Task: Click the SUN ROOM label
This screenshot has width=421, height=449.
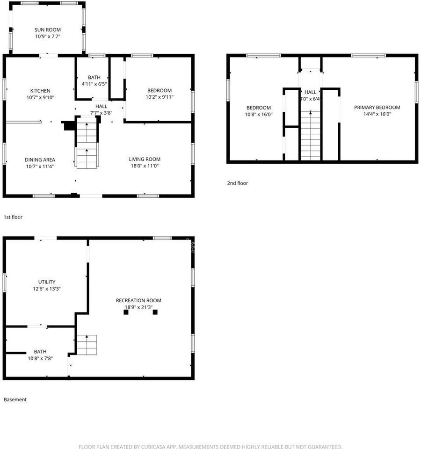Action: point(48,30)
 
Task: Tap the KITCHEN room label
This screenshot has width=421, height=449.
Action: point(40,91)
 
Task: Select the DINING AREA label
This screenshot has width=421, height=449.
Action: point(40,160)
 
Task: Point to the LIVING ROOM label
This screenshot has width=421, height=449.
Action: point(145,159)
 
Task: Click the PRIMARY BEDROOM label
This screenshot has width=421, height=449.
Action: point(377,108)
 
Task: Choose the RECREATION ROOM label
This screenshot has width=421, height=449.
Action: point(138,300)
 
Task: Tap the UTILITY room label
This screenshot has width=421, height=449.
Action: point(47,282)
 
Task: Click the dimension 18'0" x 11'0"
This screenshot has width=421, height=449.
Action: point(145,166)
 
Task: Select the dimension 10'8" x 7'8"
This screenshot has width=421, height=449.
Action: point(40,358)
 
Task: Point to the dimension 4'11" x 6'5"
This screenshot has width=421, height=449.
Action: point(94,84)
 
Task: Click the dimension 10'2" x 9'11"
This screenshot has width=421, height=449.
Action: point(160,97)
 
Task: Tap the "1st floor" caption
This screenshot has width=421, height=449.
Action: point(13,217)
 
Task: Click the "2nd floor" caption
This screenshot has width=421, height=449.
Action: point(238,183)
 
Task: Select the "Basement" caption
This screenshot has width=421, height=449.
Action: point(15,399)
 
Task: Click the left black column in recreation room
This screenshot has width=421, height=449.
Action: point(126,312)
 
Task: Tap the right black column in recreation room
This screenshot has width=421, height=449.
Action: point(155,312)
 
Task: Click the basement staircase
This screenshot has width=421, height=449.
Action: point(87,345)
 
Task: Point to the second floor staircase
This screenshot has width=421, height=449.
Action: point(310,136)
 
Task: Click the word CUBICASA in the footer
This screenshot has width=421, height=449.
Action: point(153,446)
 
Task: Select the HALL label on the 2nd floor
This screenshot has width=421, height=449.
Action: point(311,92)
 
